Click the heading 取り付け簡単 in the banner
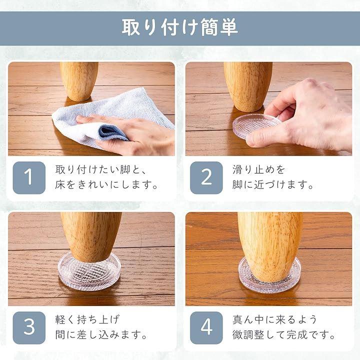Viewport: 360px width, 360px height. pyautogui.click(x=180, y=27)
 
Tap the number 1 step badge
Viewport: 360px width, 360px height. pyautogui.click(x=29, y=177)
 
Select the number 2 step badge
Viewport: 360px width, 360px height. pyautogui.click(x=206, y=177)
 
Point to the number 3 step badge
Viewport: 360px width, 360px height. pyautogui.click(x=29, y=327)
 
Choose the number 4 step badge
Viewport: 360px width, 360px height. pyautogui.click(x=206, y=327)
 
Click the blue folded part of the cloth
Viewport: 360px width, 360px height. pyautogui.click(x=112, y=132)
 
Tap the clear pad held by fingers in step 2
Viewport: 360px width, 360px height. pyautogui.click(x=256, y=126)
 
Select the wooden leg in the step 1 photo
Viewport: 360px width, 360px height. pyautogui.click(x=79, y=81)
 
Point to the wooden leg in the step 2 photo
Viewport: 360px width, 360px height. pyautogui.click(x=248, y=87)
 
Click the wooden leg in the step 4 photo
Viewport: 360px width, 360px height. pyautogui.click(x=270, y=247)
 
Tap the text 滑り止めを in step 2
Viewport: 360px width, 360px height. pyautogui.click(x=259, y=169)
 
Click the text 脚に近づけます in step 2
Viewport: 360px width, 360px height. pyautogui.click(x=272, y=185)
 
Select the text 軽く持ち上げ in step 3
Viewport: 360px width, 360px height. pyautogui.click(x=87, y=319)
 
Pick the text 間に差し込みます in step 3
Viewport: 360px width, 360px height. pyautogui.click(x=100, y=334)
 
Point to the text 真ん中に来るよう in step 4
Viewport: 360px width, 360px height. pyautogui.click(x=275, y=319)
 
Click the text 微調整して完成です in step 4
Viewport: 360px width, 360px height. pyautogui.click(x=283, y=334)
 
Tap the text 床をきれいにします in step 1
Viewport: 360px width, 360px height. pyautogui.click(x=106, y=185)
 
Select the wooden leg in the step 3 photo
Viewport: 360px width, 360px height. pyautogui.click(x=91, y=237)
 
